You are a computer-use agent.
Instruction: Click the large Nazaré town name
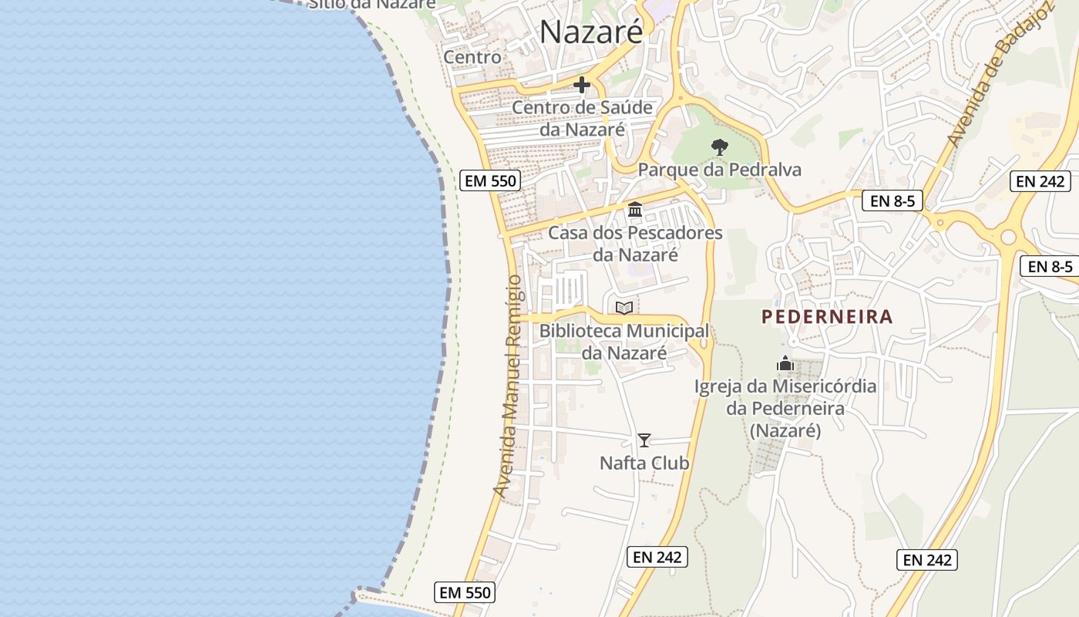click(x=590, y=32)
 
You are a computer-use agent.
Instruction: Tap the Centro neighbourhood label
click(x=472, y=57)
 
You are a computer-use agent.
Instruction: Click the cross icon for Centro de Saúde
click(x=582, y=85)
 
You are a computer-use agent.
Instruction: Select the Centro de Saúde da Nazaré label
click(x=582, y=118)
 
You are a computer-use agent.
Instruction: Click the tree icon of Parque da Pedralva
click(x=719, y=147)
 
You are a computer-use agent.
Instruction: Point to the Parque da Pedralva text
click(x=719, y=170)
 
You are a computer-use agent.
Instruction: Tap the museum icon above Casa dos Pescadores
click(x=635, y=209)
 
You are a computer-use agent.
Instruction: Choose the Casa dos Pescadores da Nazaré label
click(x=635, y=243)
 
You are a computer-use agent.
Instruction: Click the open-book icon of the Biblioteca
click(x=624, y=308)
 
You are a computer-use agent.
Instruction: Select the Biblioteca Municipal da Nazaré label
click(x=624, y=342)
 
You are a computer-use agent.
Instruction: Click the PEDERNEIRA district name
click(x=827, y=316)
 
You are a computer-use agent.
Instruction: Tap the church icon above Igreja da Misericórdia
click(x=785, y=362)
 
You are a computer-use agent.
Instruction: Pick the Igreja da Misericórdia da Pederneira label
click(x=785, y=408)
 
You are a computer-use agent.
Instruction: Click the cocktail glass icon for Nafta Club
click(x=644, y=440)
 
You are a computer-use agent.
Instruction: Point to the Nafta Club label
click(x=644, y=463)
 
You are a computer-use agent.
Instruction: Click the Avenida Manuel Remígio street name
click(x=508, y=386)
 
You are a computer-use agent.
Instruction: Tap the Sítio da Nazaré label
click(x=371, y=4)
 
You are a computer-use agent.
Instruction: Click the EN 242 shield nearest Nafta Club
click(x=657, y=557)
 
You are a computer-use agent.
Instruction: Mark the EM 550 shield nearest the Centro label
click(x=490, y=181)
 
